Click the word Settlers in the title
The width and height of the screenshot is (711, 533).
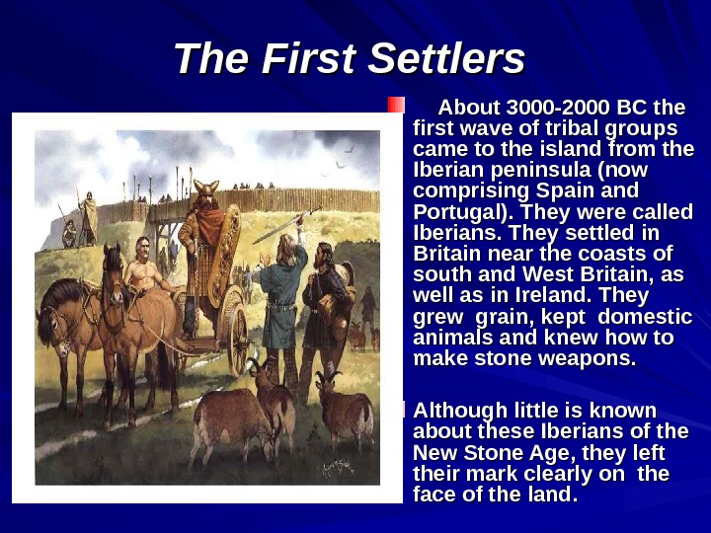(445, 59)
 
